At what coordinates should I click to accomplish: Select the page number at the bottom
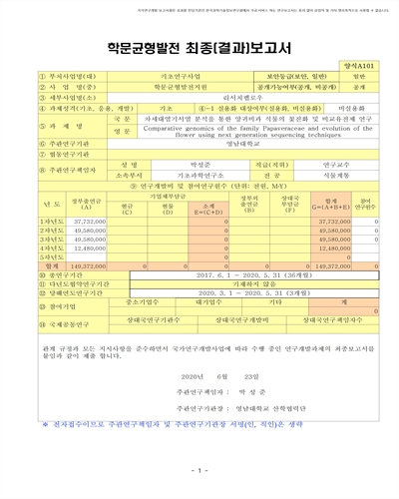199,470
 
